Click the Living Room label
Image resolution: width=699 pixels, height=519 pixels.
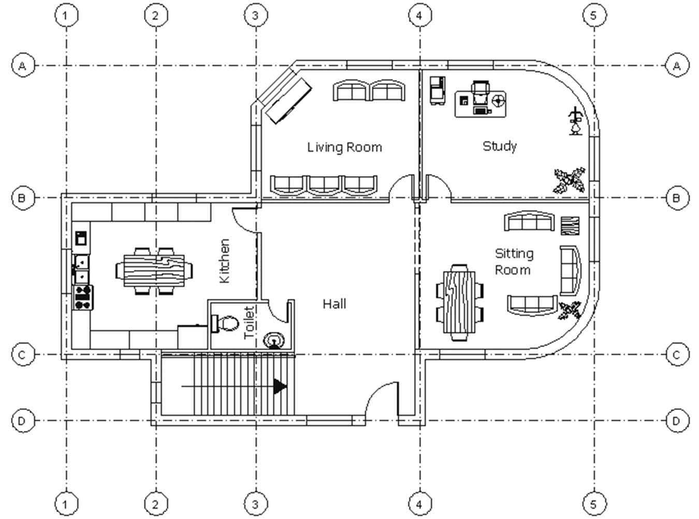pos(344,148)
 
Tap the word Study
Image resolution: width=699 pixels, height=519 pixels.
pos(500,146)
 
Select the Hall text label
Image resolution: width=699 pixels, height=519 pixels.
pos(334,304)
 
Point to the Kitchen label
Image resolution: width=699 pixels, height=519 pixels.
pos(224,261)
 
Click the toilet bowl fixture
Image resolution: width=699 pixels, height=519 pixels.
pos(225,324)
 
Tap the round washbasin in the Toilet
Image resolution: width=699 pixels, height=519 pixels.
pos(273,340)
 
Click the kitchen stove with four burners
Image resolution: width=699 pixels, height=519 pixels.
pos(83,297)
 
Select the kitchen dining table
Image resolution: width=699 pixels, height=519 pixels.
pos(154,271)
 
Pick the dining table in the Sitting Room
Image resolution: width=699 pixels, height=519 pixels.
pos(459,302)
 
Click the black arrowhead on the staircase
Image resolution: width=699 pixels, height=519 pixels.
pos(280,386)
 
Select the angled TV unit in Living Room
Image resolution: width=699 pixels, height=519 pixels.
pos(288,99)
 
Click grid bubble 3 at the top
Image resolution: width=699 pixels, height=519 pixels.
pos(256,15)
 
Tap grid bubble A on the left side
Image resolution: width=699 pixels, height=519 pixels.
pos(22,66)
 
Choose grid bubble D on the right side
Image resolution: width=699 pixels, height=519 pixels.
pos(677,421)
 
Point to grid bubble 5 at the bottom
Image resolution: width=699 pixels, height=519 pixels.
pos(594,504)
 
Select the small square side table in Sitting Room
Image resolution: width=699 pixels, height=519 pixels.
pos(570,225)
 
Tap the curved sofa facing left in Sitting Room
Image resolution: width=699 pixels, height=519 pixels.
pos(571,271)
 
